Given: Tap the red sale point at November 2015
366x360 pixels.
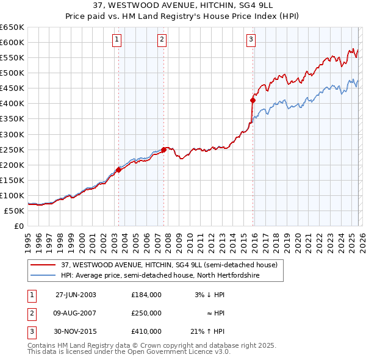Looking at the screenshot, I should pyautogui.click(x=253, y=99).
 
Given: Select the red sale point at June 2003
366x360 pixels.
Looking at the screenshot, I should pyautogui.click(x=119, y=170).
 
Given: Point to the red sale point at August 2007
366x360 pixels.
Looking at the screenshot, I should pyautogui.click(x=163, y=149).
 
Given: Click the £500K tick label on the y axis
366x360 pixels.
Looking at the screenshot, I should pyautogui.click(x=12, y=73).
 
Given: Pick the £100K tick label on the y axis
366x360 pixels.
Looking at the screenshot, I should pyautogui.click(x=12, y=195).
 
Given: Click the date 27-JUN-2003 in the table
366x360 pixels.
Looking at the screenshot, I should pyautogui.click(x=76, y=295).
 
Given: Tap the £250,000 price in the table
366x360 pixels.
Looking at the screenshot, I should pyautogui.click(x=146, y=313).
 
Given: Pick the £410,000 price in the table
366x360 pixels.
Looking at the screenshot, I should pyautogui.click(x=146, y=331).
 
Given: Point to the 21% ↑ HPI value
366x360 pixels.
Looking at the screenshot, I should pyautogui.click(x=207, y=331).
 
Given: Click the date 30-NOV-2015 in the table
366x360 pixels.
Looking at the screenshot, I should pyautogui.click(x=76, y=331).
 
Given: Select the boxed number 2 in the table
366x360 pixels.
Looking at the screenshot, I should pyautogui.click(x=31, y=313).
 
